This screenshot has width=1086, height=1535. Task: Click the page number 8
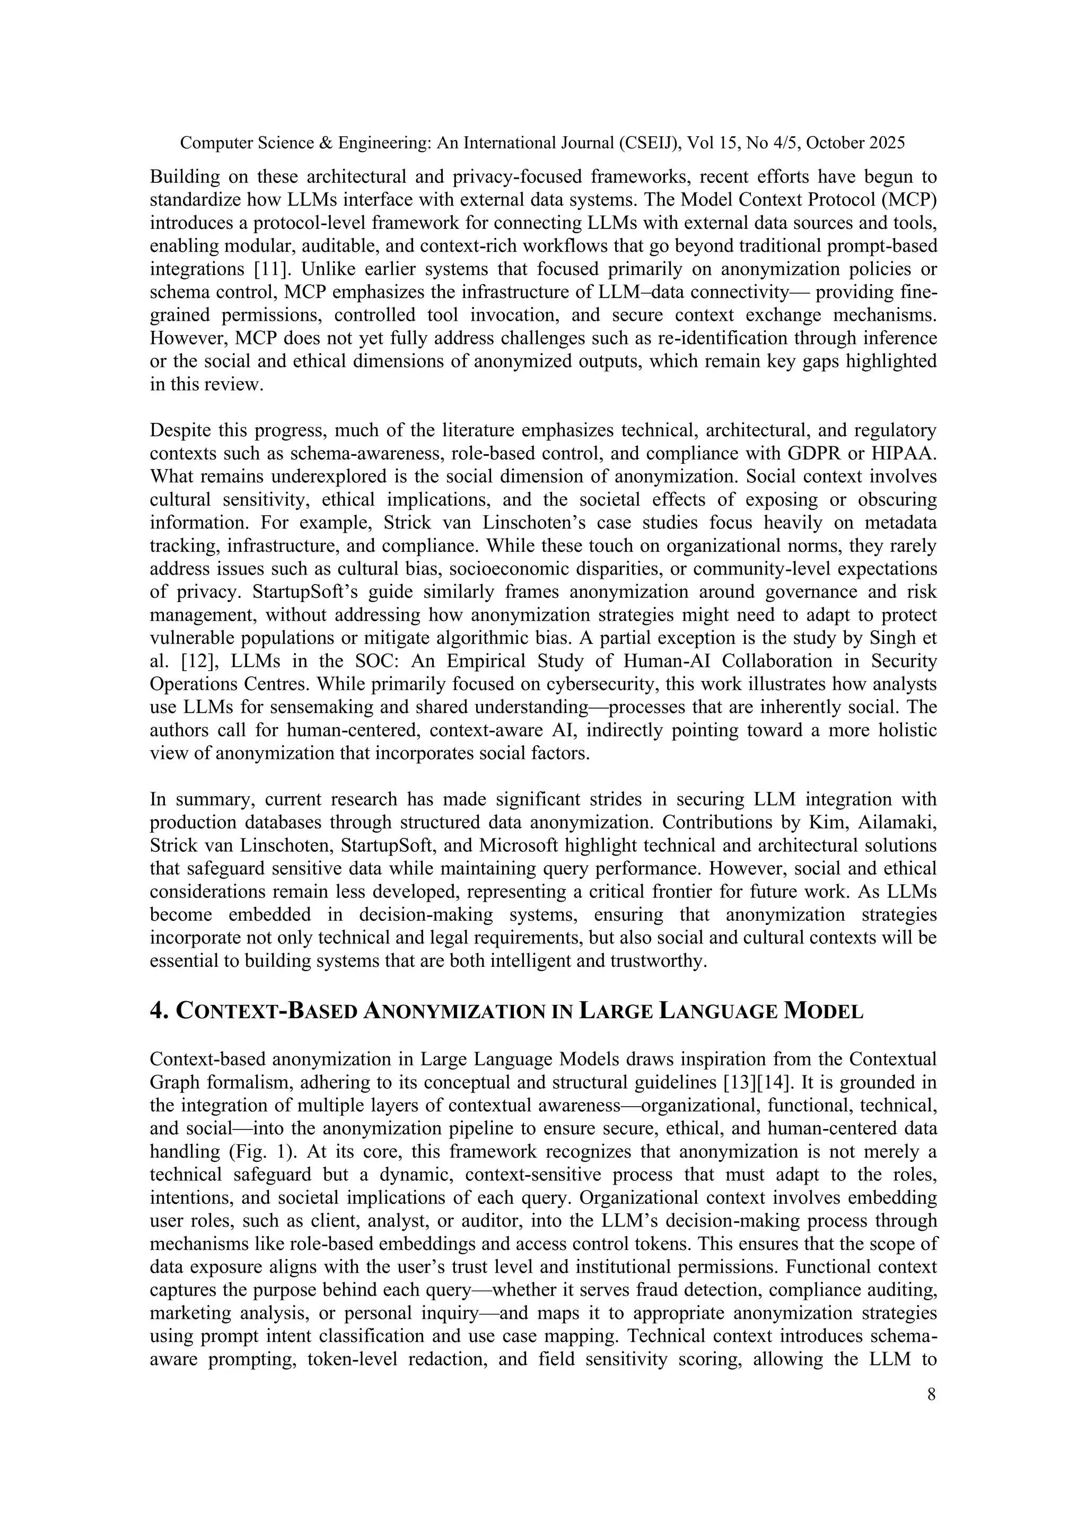(931, 1395)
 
